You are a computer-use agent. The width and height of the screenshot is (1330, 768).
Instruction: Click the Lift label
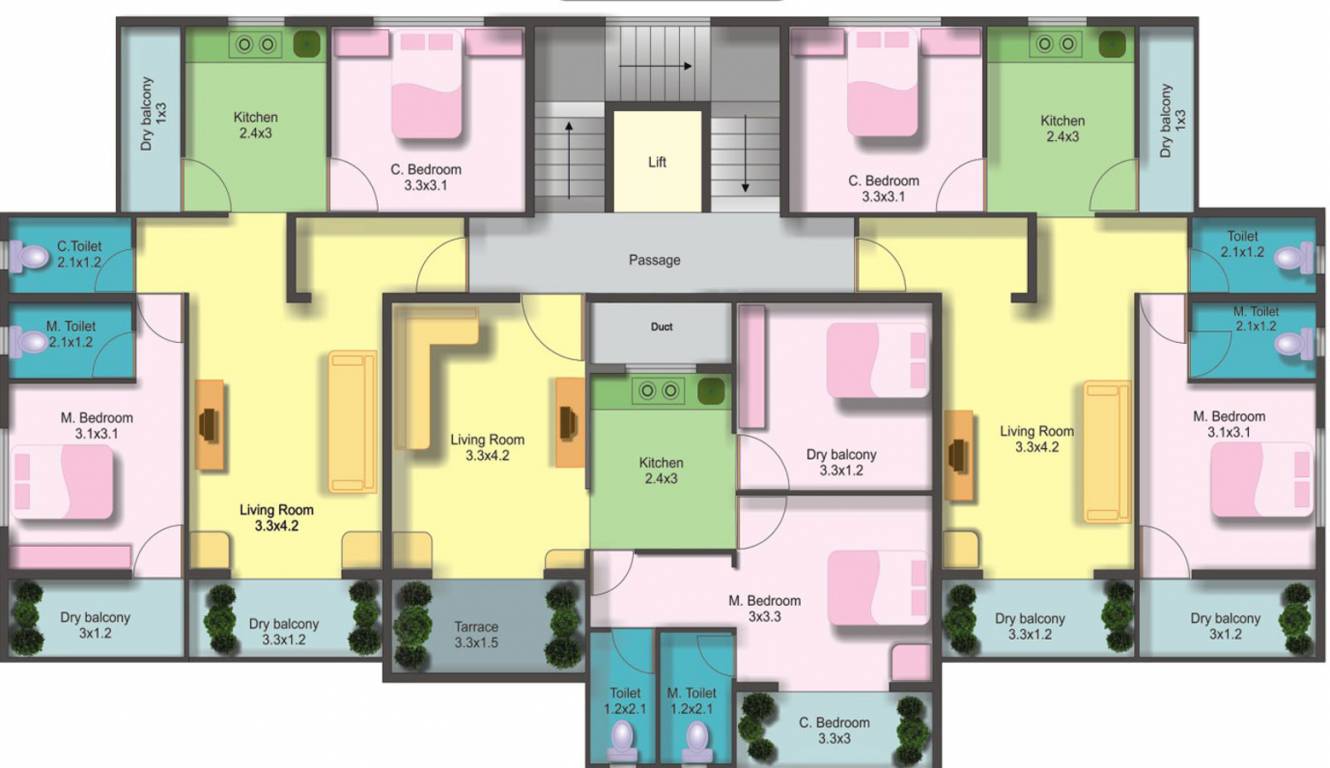tap(657, 162)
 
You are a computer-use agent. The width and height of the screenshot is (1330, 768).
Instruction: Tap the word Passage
tap(654, 260)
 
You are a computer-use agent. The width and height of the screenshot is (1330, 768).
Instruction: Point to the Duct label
tap(661, 327)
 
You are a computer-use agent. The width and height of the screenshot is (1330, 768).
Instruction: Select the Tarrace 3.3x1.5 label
tap(476, 635)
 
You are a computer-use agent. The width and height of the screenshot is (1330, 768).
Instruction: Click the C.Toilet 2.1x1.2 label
tap(79, 254)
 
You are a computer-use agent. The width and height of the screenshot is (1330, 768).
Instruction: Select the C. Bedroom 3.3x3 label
tap(835, 730)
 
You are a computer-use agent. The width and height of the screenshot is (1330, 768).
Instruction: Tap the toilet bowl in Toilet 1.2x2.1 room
tap(622, 740)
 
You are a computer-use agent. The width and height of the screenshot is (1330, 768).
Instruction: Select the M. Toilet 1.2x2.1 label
tap(692, 700)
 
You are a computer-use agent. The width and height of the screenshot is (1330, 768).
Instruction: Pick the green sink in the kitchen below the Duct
tap(710, 391)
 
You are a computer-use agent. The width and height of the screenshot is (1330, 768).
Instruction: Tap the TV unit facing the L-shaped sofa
tap(569, 422)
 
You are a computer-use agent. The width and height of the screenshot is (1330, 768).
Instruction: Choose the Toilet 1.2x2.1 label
tap(625, 700)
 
